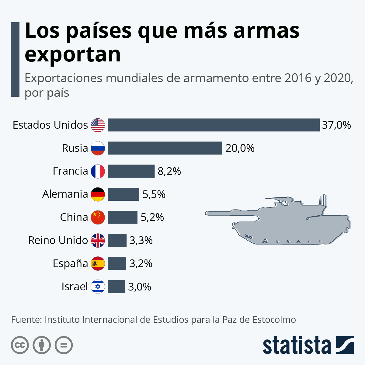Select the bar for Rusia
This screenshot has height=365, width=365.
(165, 148)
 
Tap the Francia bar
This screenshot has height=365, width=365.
(131, 171)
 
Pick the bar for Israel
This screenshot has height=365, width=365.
(116, 287)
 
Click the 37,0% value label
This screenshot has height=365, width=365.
(336, 125)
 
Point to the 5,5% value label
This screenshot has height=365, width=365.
(154, 194)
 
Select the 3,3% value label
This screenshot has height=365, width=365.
(141, 241)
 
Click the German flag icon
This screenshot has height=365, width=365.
(98, 194)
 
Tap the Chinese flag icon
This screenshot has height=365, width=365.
(98, 217)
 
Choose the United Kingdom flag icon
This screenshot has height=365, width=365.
(98, 240)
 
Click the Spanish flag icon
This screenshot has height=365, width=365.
(98, 263)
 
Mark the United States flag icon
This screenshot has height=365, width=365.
(98, 125)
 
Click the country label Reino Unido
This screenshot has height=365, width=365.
(58, 240)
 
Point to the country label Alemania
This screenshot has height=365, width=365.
(65, 194)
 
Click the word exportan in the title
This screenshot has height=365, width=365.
(73, 55)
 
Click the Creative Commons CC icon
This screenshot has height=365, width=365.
(20, 345)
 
